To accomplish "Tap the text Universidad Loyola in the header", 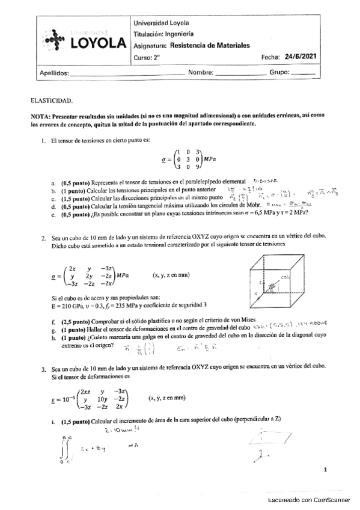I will [x=159, y=22].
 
